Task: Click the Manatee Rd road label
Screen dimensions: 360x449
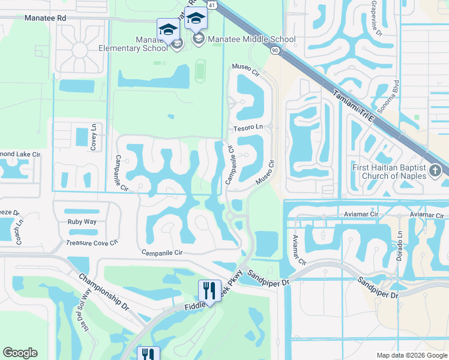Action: click(x=45, y=19)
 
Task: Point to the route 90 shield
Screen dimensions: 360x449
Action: click(x=274, y=52)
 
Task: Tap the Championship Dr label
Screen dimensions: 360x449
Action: click(x=104, y=293)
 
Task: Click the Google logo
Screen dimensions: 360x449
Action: click(x=20, y=353)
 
